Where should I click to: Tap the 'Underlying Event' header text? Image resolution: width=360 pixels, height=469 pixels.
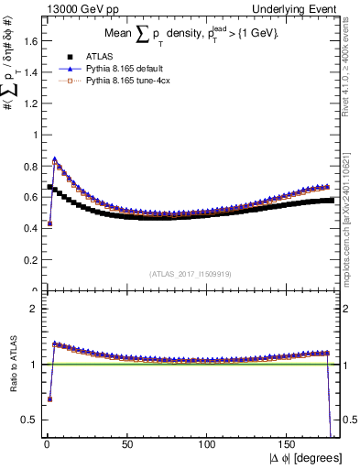tap(301, 7)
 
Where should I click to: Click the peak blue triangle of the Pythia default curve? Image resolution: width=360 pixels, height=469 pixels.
tap(55, 159)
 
